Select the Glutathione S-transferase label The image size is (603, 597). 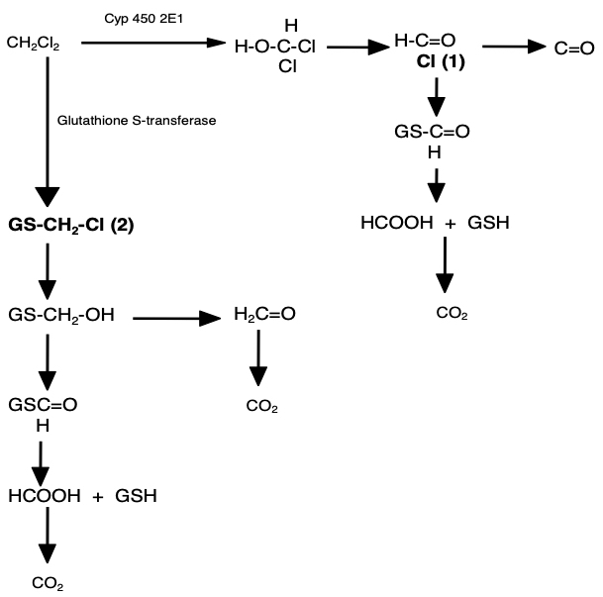138,120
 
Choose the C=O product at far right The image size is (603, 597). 574,47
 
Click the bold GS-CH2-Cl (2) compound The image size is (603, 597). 70,225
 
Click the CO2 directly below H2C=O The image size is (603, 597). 262,407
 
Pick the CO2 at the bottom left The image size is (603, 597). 48,584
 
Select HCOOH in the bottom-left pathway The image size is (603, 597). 44,495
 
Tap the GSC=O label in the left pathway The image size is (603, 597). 43,404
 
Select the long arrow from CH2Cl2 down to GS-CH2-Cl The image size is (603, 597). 47,129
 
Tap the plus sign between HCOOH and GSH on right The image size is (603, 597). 450,224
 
